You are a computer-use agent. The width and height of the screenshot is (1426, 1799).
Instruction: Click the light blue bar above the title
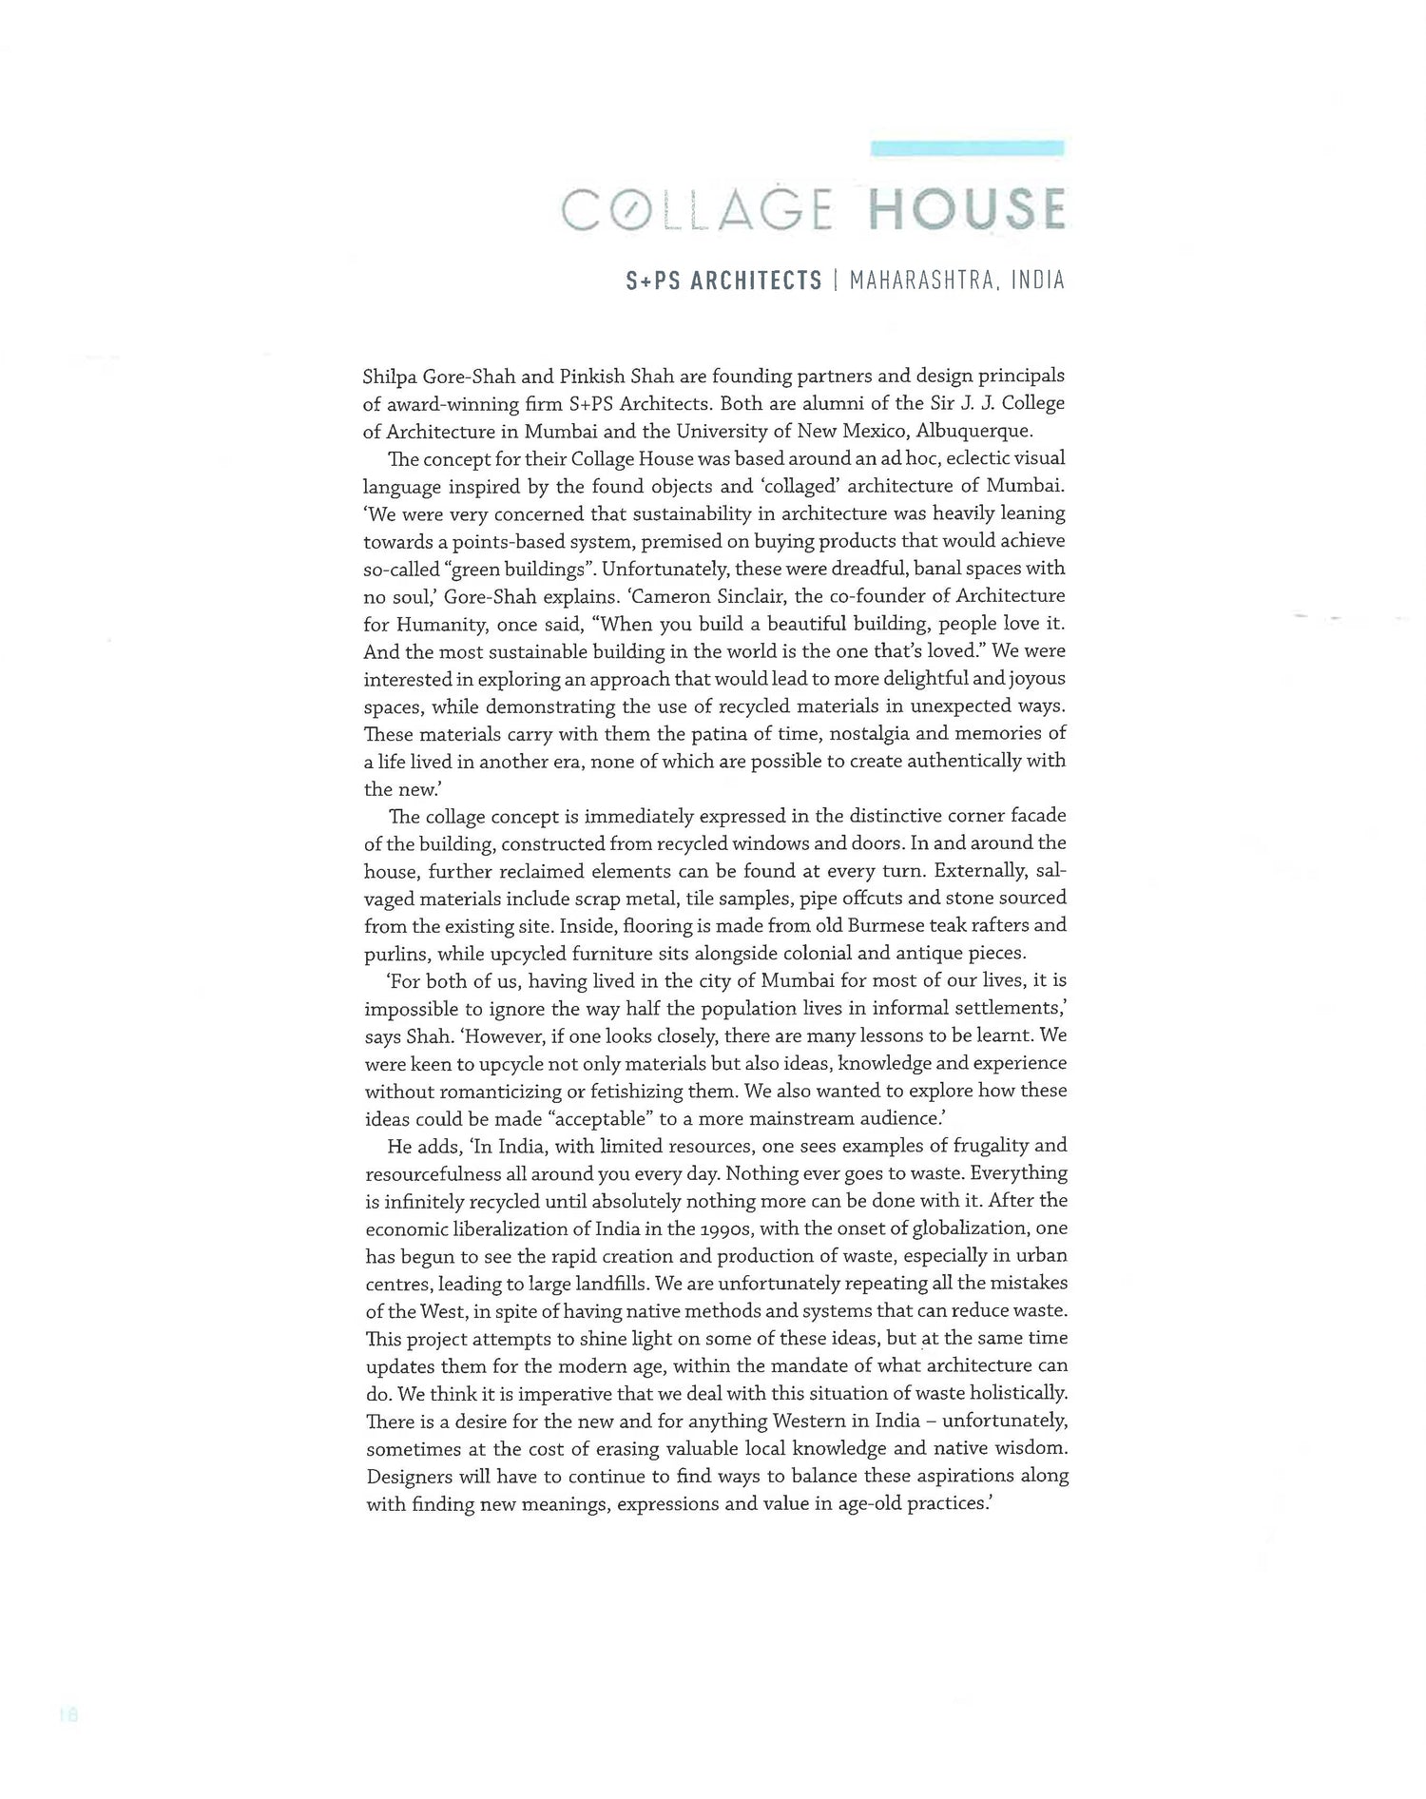[x=967, y=147]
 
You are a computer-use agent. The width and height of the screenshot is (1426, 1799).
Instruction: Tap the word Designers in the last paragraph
[x=408, y=1477]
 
